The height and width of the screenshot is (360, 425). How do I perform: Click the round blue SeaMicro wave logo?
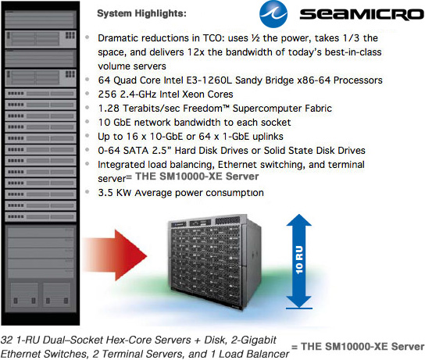(273, 13)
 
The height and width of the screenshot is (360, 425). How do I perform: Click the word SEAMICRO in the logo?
(362, 14)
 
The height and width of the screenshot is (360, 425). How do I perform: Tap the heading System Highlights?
(141, 13)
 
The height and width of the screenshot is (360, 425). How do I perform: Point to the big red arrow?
(115, 255)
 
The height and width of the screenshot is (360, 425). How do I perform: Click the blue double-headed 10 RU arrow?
(299, 261)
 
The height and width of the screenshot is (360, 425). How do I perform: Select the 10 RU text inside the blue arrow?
(299, 259)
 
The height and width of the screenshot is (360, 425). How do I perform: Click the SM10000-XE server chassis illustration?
(214, 262)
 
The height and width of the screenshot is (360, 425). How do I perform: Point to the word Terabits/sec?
(152, 109)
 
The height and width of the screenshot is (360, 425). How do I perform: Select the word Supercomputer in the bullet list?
(267, 109)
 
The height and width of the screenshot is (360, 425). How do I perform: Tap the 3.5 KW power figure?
(115, 193)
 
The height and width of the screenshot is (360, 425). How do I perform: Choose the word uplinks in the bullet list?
(267, 137)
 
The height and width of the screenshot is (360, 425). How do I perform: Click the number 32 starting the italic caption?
(7, 340)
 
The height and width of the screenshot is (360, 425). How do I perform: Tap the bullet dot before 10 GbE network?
(87, 122)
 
